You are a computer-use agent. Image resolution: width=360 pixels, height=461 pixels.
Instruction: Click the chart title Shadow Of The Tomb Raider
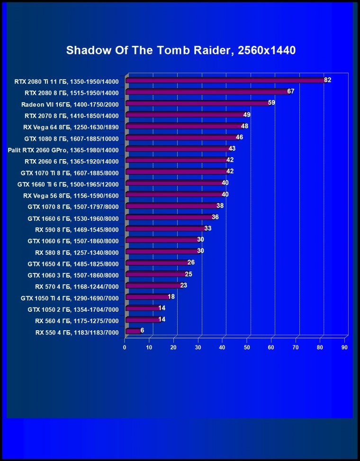tap(180, 50)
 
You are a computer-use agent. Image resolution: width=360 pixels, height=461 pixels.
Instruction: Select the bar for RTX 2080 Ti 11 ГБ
tap(225, 81)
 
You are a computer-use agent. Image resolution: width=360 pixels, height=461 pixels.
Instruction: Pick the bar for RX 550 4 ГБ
tap(133, 331)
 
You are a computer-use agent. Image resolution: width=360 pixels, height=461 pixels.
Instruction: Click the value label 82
tap(327, 80)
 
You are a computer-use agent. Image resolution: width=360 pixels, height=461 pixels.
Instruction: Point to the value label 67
tap(291, 91)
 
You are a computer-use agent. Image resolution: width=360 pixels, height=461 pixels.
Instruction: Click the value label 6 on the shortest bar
tap(142, 330)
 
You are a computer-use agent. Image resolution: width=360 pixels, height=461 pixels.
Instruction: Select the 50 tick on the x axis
tap(247, 348)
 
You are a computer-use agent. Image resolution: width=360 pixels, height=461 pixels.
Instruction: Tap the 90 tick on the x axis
tap(344, 348)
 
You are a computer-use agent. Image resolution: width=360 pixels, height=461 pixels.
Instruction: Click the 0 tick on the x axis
tap(125, 348)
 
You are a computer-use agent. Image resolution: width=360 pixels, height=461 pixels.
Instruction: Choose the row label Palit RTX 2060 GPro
tap(63, 150)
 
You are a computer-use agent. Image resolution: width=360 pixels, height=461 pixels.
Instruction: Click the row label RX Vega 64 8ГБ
tap(71, 127)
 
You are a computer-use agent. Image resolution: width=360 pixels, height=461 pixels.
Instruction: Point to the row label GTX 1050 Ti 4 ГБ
tap(70, 298)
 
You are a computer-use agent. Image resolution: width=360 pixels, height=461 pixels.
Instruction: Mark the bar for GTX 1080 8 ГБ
tap(182, 137)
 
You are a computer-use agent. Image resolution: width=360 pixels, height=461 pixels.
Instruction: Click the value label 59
tap(271, 103)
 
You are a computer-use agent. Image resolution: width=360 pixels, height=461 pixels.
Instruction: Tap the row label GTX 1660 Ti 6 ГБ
tap(68, 184)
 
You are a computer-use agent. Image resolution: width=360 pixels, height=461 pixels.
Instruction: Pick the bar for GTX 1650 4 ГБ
tap(157, 262)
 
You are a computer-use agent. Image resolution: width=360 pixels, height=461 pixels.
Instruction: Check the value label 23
tap(184, 285)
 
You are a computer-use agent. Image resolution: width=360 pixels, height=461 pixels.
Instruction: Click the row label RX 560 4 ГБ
tap(77, 321)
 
